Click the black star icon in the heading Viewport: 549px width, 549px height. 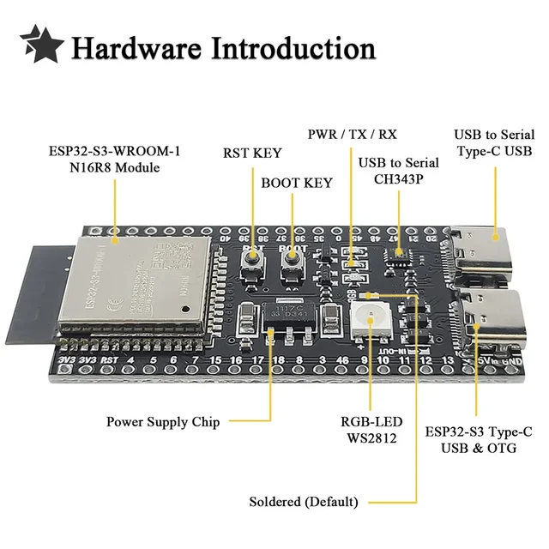40,44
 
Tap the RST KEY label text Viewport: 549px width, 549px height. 252,154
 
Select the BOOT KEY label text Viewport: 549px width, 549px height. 296,183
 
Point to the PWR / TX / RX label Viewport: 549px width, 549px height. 353,135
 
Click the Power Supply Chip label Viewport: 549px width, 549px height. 163,421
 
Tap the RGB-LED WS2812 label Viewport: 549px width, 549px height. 369,429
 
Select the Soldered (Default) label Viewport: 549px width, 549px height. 303,502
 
